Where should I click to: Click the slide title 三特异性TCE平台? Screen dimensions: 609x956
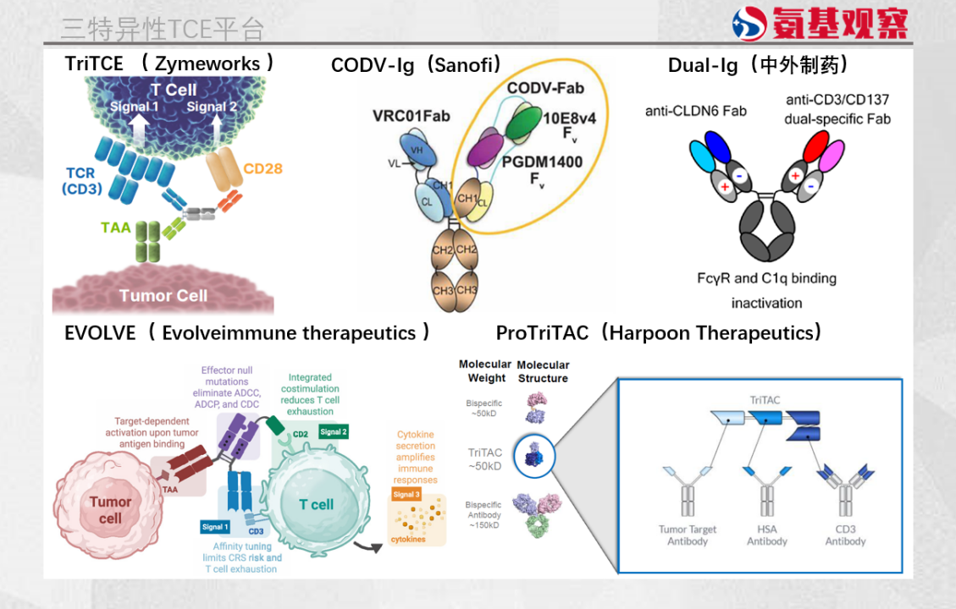[162, 28]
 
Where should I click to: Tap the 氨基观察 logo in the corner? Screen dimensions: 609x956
[819, 23]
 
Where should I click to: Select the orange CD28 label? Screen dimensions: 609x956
[262, 168]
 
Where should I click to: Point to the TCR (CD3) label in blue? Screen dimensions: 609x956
[81, 181]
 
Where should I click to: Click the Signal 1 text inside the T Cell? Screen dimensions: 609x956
[134, 107]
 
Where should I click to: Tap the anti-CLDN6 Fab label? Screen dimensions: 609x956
[695, 111]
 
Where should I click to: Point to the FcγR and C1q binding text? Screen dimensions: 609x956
[766, 278]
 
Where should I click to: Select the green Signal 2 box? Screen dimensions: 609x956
[333, 431]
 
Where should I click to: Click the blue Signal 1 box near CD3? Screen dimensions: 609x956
[214, 527]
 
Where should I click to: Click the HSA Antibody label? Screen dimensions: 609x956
[766, 535]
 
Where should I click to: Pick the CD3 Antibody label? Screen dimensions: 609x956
[845, 535]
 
